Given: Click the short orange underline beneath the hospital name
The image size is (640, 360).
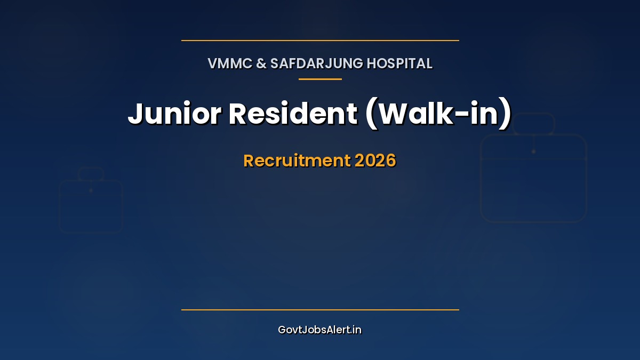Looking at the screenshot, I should click(320, 79).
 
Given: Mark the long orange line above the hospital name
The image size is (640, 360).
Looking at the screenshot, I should click(320, 40).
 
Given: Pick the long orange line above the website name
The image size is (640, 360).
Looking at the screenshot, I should click(320, 309).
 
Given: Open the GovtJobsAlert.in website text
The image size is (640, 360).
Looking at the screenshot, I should click(320, 330).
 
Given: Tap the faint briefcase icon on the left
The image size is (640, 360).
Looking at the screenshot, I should click(91, 205).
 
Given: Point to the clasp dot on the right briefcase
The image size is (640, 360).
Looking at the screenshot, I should click(533, 151).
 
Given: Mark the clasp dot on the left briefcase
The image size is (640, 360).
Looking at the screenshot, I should click(91, 190).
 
